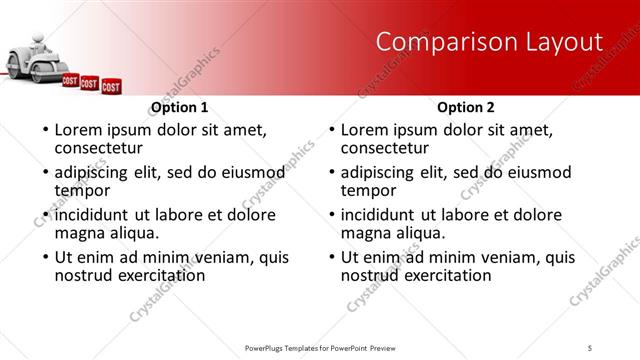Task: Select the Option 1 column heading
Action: tap(180, 107)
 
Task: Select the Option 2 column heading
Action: tap(466, 107)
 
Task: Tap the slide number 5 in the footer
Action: tap(589, 347)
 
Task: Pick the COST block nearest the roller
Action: tap(70, 79)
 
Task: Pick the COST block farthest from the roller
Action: tap(111, 87)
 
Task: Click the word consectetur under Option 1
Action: tap(100, 148)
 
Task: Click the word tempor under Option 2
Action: tap(368, 191)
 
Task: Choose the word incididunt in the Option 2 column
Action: tap(386, 215)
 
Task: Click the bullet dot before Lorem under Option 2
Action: tap(332, 130)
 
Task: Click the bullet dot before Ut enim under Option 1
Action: tap(45, 257)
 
